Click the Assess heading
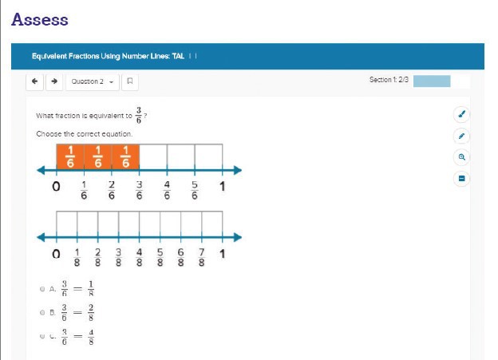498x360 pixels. click(x=40, y=19)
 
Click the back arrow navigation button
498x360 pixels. click(x=35, y=81)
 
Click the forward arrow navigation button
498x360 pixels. click(x=53, y=81)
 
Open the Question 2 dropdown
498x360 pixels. click(x=91, y=81)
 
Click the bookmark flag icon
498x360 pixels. click(x=130, y=81)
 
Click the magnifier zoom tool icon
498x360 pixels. click(x=461, y=156)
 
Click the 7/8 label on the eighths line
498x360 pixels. click(x=202, y=259)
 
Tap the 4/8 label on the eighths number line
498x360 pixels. click(x=140, y=259)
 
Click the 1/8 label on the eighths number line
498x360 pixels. click(x=77, y=259)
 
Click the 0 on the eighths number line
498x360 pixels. click(x=55, y=255)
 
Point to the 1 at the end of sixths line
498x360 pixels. click(x=222, y=188)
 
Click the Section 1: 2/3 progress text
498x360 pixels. click(x=389, y=80)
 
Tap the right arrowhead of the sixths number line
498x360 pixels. click(x=236, y=169)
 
